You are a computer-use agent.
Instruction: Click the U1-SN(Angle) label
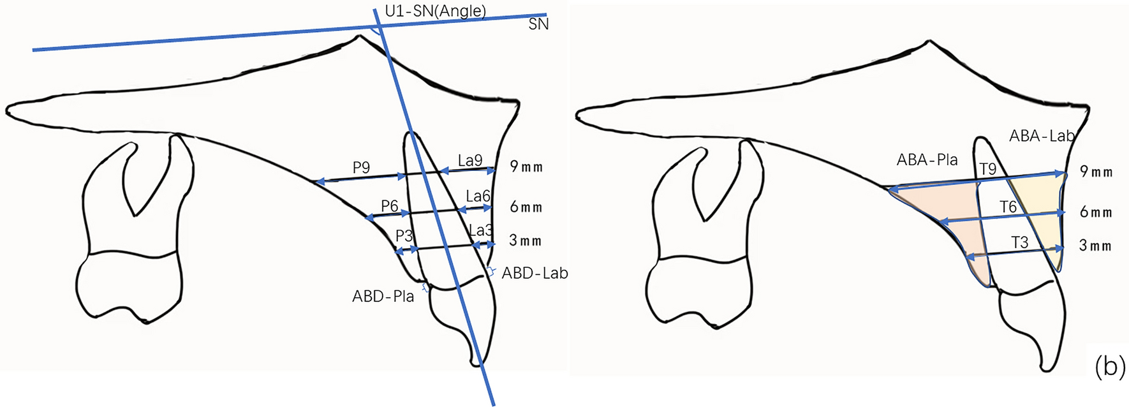point(435,11)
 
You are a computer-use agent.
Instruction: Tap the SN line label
point(538,25)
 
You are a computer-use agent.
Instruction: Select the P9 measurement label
point(361,168)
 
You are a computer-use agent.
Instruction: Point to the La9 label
point(470,161)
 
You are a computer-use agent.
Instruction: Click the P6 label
point(390,206)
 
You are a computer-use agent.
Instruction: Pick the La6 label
point(478,196)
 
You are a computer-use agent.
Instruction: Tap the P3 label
point(404,236)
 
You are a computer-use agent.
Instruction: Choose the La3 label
point(481,230)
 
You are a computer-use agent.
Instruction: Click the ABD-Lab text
point(535,274)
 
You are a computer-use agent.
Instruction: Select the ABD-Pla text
point(383,296)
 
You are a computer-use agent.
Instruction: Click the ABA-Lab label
point(1042,136)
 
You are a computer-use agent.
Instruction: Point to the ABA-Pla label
point(927,160)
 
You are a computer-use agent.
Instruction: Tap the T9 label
point(987,169)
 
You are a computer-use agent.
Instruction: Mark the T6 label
point(1008,207)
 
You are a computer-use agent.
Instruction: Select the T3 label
point(1020,242)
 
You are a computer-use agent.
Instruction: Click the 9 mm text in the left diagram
point(526,168)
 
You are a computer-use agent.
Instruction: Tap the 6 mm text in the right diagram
point(1096,212)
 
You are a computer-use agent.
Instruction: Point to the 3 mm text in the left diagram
point(526,241)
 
